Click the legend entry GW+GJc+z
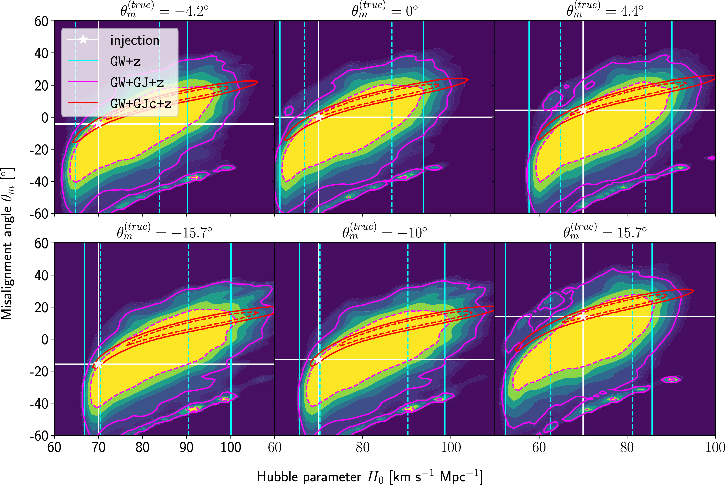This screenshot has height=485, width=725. [x=141, y=104]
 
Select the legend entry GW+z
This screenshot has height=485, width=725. [x=125, y=61]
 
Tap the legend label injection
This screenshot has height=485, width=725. [x=135, y=40]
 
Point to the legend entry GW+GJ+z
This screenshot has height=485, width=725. [x=137, y=83]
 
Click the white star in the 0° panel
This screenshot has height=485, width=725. [x=318, y=117]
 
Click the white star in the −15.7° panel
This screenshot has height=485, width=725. [x=98, y=364]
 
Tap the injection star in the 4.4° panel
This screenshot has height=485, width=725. [x=583, y=110]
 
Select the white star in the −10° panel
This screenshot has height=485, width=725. [x=318, y=360]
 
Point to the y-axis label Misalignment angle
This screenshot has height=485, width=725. [x=7, y=244]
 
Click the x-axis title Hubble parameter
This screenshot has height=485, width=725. [x=369, y=476]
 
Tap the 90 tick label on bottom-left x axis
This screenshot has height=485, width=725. [x=186, y=447]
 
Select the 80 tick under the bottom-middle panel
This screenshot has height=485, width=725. [x=362, y=447]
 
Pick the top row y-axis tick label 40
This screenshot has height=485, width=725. [x=41, y=53]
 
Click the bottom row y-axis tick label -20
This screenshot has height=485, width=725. [x=39, y=371]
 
